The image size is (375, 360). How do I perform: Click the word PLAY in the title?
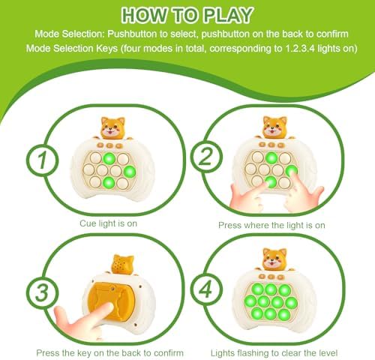pyautogui.click(x=227, y=15)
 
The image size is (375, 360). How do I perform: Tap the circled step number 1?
pyautogui.click(x=42, y=160)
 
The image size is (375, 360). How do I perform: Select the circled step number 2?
pyautogui.click(x=206, y=157)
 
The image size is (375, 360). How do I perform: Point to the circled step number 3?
pyautogui.click(x=42, y=292)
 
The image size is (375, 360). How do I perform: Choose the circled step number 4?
pyautogui.click(x=206, y=289)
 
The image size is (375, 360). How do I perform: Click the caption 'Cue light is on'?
pyautogui.click(x=109, y=223)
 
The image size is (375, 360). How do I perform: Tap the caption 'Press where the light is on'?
pyautogui.click(x=271, y=225)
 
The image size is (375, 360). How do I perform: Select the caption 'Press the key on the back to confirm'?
pyautogui.click(x=110, y=353)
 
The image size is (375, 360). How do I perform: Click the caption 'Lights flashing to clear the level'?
pyautogui.click(x=274, y=353)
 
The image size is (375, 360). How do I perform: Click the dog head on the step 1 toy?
pyautogui.click(x=112, y=128)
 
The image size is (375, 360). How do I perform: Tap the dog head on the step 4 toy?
pyautogui.click(x=274, y=259)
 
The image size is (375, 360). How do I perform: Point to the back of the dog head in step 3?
pyautogui.click(x=122, y=265)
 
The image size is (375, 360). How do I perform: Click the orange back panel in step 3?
pyautogui.click(x=112, y=301)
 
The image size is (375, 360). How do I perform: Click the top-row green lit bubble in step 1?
pyautogui.click(x=109, y=158)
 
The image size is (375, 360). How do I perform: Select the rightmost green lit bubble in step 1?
pyautogui.click(x=130, y=171)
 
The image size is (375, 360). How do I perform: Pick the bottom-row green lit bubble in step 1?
pyautogui.click(x=109, y=183)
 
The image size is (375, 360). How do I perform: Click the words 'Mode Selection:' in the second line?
pyautogui.click(x=70, y=34)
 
